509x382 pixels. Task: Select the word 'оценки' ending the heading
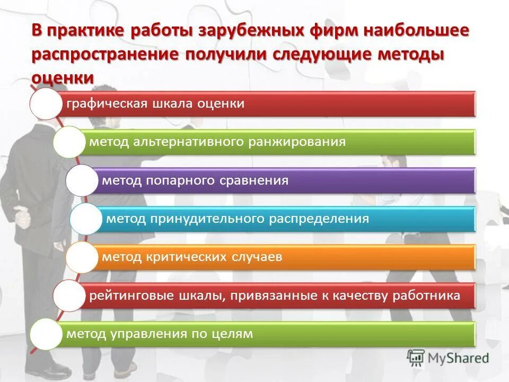63,77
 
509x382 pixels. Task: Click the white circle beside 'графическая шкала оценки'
46,103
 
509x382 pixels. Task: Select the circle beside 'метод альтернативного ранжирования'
68,142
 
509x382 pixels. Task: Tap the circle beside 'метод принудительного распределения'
85,219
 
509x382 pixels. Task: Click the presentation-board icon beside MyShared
416,358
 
